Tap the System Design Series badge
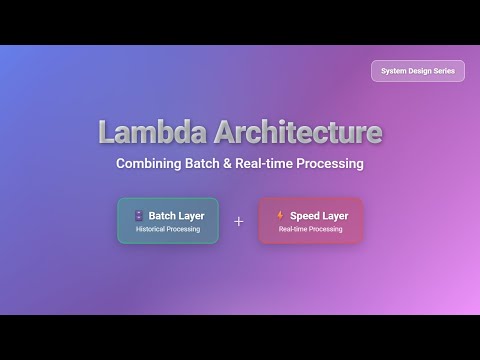[418, 71]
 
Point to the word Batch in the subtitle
[215, 163]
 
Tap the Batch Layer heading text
[176, 215]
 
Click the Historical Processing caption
[168, 230]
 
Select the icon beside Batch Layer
[138, 215]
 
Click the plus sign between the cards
[239, 221]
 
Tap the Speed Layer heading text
[319, 215]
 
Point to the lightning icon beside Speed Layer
[280, 215]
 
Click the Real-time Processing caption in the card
[310, 230]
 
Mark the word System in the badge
[393, 71]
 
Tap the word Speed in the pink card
[305, 215]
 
